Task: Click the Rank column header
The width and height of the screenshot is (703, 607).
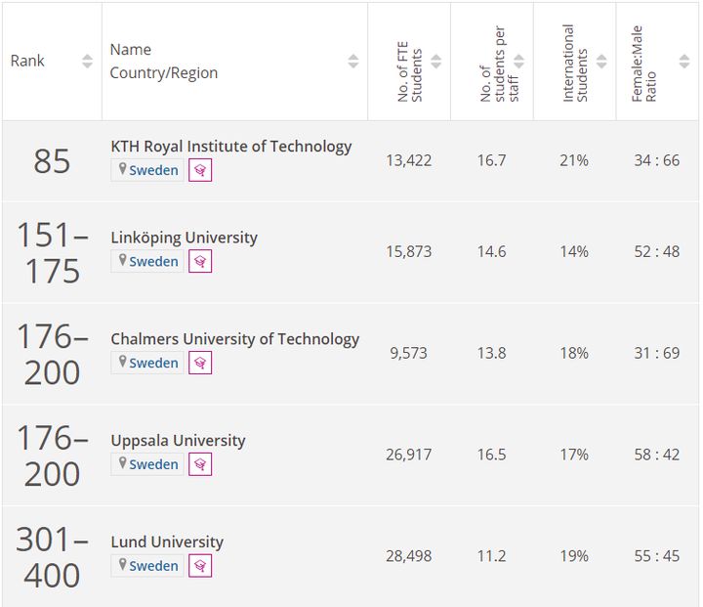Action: point(28,61)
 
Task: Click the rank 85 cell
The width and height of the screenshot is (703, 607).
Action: point(52,161)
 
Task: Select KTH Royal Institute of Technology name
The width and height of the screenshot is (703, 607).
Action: point(230,147)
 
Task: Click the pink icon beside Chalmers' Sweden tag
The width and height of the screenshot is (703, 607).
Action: point(200,363)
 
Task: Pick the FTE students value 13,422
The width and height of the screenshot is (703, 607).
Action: point(408,160)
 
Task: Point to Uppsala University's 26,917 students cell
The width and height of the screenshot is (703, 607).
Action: point(408,455)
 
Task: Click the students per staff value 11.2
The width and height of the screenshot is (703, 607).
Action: point(491,556)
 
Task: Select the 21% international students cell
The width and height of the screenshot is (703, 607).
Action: point(574,160)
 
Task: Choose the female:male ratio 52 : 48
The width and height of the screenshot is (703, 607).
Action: point(656,251)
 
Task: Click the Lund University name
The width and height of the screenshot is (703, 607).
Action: point(167,542)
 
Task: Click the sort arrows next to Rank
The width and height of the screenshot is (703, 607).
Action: point(87,61)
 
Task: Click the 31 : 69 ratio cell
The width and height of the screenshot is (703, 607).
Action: point(656,353)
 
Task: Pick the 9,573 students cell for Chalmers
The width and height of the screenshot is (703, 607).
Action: point(408,353)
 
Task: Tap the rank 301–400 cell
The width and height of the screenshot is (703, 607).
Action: point(52,556)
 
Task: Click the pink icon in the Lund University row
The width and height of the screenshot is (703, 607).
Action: point(200,566)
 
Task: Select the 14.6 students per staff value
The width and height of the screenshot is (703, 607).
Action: point(491,251)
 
